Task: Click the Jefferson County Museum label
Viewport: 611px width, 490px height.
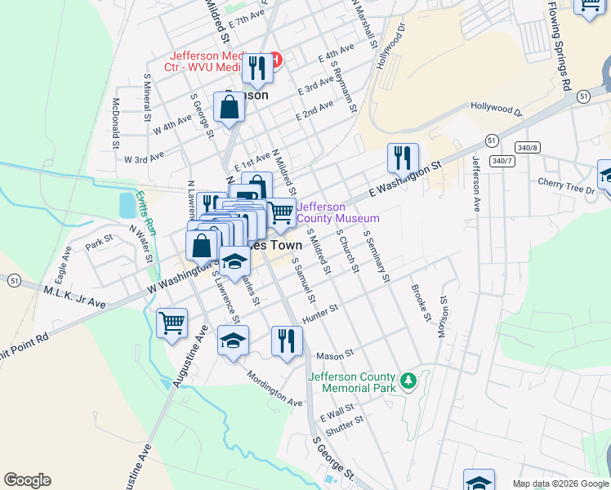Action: pyautogui.click(x=337, y=212)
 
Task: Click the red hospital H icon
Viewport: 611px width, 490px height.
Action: pyautogui.click(x=276, y=60)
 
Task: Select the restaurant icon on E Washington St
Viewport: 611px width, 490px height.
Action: pyautogui.click(x=403, y=158)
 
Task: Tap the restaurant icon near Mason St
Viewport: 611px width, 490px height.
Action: pyautogui.click(x=287, y=340)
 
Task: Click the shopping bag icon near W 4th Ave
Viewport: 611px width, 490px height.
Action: pyautogui.click(x=230, y=106)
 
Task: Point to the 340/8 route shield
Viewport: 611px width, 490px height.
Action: pyautogui.click(x=528, y=148)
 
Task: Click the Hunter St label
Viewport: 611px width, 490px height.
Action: pyautogui.click(x=319, y=314)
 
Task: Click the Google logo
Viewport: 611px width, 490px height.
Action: pyautogui.click(x=27, y=480)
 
